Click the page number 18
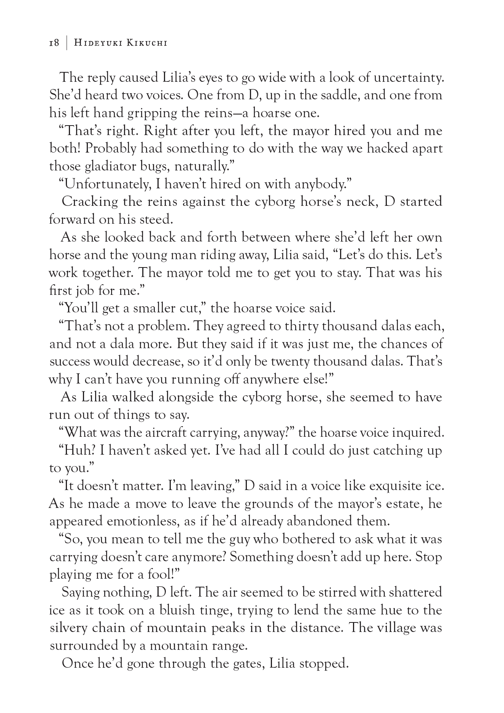point(54,43)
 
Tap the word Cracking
point(90,202)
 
